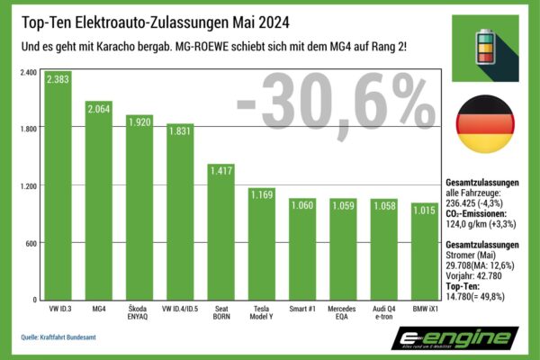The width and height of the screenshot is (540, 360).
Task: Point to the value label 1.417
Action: pos(221,169)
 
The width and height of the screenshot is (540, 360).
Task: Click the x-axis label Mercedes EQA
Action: pos(343,312)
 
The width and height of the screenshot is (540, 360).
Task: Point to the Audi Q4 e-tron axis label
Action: pos(383,312)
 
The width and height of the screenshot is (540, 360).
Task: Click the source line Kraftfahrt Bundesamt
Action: pos(65,337)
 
